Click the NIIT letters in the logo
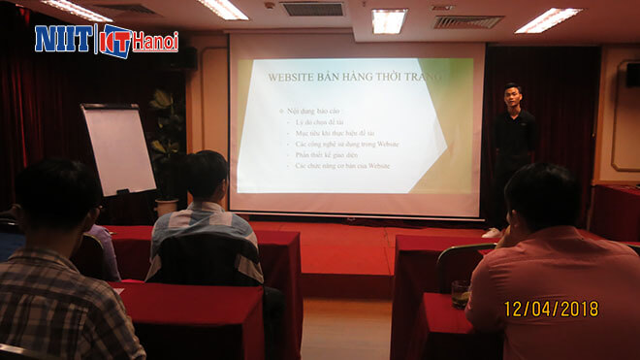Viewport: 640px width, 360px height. [63, 38]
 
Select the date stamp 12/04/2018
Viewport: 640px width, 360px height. [551, 309]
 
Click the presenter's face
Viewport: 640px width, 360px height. [513, 96]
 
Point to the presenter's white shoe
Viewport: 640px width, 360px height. [493, 233]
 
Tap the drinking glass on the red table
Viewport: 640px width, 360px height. [460, 292]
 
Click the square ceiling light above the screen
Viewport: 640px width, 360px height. [389, 20]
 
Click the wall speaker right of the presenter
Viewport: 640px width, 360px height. [632, 75]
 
